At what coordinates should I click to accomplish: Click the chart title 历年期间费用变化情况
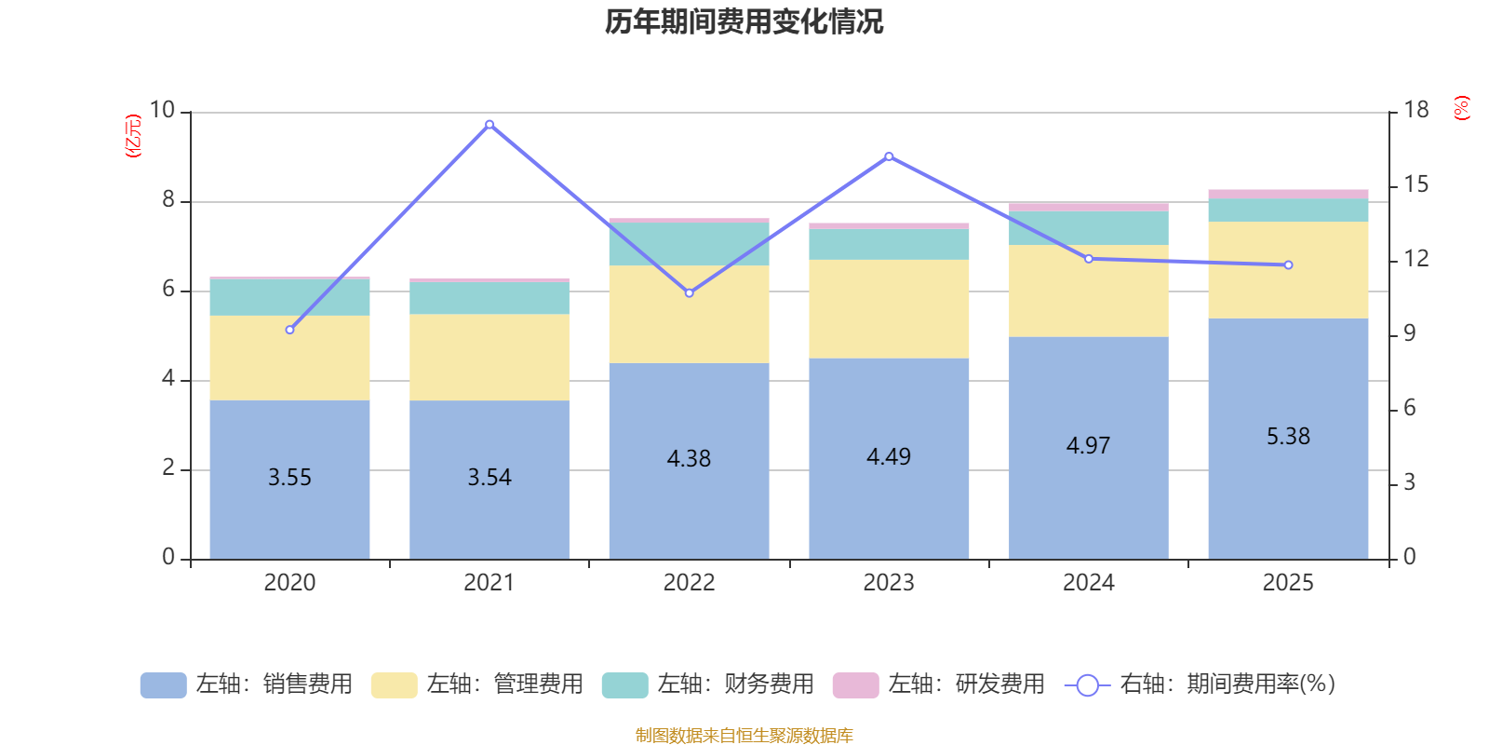click(x=744, y=21)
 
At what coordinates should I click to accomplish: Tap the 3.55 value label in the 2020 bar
click(x=289, y=478)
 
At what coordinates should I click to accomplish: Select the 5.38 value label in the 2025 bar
click(x=1288, y=437)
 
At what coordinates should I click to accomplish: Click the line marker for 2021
click(x=490, y=124)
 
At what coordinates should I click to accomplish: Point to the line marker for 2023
click(x=889, y=156)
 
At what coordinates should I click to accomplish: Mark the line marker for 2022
click(x=690, y=293)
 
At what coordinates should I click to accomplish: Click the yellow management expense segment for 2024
click(x=1089, y=291)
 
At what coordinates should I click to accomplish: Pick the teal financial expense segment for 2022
click(x=690, y=244)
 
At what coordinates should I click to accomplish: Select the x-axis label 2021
click(x=490, y=583)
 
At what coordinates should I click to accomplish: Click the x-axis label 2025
click(x=1288, y=583)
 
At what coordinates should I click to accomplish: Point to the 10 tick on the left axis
click(x=163, y=111)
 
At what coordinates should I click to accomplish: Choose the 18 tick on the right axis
click(x=1416, y=111)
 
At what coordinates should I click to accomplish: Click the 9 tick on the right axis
click(x=1410, y=333)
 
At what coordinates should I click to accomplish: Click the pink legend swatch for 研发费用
click(x=855, y=685)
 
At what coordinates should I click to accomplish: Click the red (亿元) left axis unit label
click(x=133, y=136)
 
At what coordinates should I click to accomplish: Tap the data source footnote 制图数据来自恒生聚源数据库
click(x=744, y=736)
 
